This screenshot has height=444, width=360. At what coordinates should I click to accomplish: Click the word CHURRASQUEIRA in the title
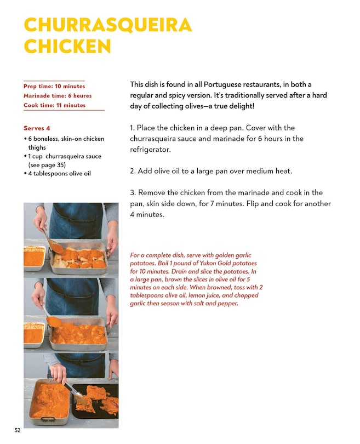(108, 25)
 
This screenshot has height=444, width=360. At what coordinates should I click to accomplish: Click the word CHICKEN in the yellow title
(67, 46)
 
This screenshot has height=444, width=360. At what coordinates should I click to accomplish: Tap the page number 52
(18, 430)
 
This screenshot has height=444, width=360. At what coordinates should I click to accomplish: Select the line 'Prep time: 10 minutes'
(54, 86)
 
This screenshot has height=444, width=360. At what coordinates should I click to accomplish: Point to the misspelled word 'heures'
(83, 96)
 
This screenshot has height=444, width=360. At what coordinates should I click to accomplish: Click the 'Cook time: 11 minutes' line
(55, 105)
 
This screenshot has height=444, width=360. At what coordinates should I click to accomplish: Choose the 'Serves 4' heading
(37, 128)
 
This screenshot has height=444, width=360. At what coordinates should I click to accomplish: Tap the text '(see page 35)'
(47, 165)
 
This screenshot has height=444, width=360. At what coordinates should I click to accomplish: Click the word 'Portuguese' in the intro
(222, 84)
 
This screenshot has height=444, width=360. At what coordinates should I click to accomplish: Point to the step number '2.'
(133, 171)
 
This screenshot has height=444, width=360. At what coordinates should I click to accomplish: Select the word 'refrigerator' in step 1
(150, 150)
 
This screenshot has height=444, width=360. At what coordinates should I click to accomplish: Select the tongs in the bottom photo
(74, 392)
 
